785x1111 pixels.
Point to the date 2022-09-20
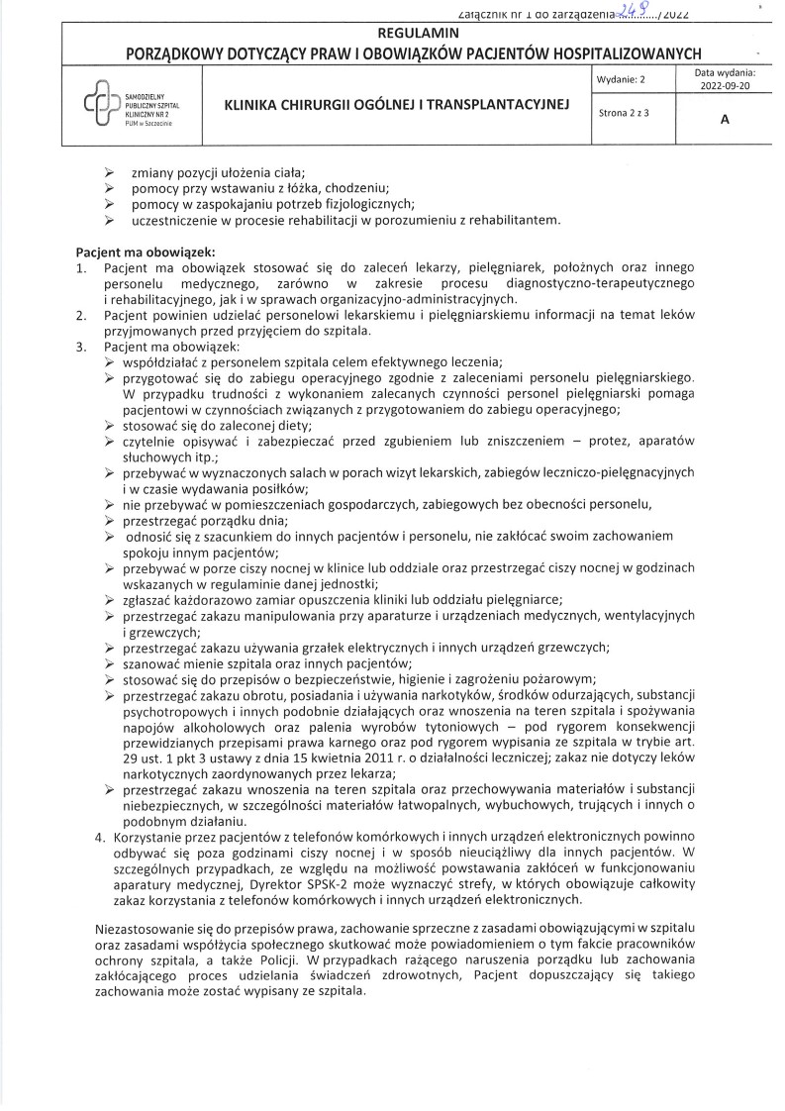point(726,86)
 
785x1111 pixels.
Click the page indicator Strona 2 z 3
point(624,113)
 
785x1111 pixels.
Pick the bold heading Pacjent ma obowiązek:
point(144,252)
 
